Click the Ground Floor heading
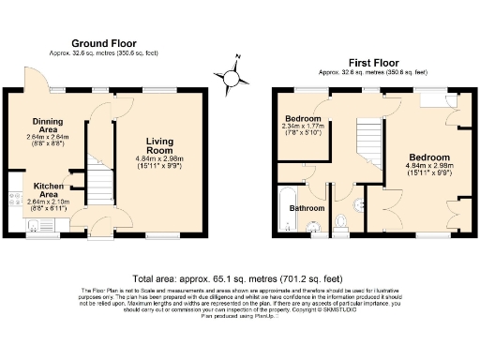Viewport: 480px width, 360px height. click(x=104, y=43)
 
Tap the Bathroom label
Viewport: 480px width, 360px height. click(x=306, y=208)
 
